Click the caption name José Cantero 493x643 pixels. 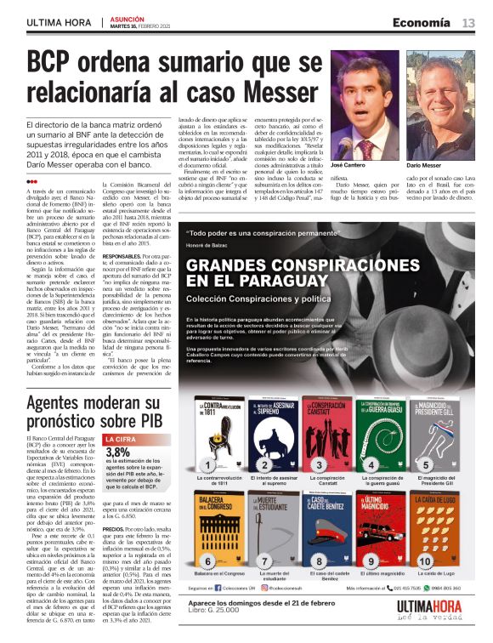[x=348, y=164]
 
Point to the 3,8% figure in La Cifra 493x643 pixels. [x=118, y=452]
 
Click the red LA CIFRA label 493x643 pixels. [x=119, y=439]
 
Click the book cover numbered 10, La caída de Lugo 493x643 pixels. [x=434, y=527]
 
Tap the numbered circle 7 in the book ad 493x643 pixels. [x=263, y=561]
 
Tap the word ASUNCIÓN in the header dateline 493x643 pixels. [x=127, y=18]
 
